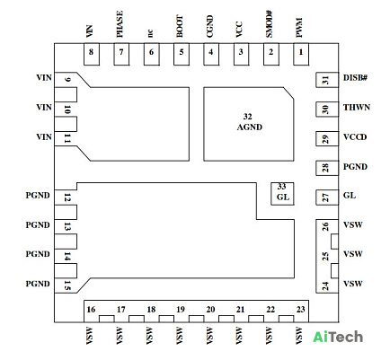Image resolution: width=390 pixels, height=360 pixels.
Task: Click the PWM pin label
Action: click(299, 28)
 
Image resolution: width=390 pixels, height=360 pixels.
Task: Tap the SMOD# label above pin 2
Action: click(270, 24)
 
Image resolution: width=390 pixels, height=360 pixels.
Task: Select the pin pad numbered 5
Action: click(182, 54)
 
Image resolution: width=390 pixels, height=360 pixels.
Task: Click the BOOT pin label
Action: click(180, 26)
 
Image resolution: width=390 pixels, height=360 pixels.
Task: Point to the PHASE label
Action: click(120, 24)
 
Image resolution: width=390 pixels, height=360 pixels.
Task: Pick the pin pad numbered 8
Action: click(92, 54)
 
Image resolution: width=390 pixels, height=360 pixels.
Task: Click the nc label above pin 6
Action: click(150, 33)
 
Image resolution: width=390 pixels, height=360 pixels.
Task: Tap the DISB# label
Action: click(355, 77)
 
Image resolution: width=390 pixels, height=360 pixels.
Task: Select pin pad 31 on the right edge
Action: click(327, 80)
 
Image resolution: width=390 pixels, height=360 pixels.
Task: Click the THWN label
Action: click(357, 107)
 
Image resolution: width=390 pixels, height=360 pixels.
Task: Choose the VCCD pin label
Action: click(355, 137)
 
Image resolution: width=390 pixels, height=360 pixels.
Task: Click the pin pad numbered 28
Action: click(327, 168)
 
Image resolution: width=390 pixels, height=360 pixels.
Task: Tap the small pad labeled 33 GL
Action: click(282, 194)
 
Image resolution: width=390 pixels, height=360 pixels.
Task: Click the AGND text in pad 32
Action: click(250, 127)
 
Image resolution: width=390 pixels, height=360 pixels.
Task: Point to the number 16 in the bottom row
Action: click(91, 309)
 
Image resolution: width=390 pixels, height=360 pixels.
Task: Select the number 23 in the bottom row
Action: click(300, 309)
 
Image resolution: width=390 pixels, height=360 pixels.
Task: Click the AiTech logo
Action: click(338, 337)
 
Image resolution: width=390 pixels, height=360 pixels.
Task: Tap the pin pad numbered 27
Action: click(327, 198)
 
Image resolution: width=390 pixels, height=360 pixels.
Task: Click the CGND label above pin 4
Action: click(209, 26)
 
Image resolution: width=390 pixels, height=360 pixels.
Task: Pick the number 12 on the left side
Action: click(67, 198)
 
